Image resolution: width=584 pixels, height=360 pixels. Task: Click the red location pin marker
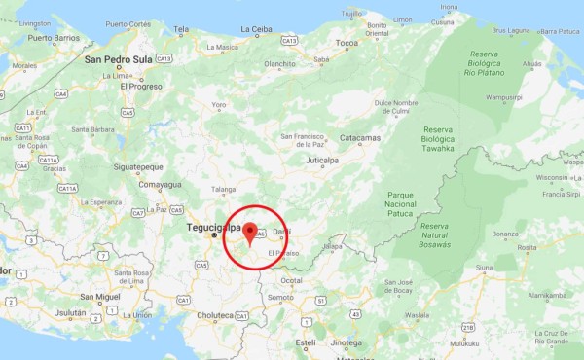[250, 233]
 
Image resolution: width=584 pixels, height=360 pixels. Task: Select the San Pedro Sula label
[120, 58]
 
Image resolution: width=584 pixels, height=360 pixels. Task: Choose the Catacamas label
[359, 138]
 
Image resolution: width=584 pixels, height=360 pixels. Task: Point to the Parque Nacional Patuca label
[400, 204]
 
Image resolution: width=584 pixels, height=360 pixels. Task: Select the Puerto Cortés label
[129, 23]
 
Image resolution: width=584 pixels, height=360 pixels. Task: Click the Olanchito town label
[278, 64]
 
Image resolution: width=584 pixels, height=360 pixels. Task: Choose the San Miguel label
[99, 296]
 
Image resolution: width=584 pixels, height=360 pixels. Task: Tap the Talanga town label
[223, 191]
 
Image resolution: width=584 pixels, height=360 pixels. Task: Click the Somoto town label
[280, 296]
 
